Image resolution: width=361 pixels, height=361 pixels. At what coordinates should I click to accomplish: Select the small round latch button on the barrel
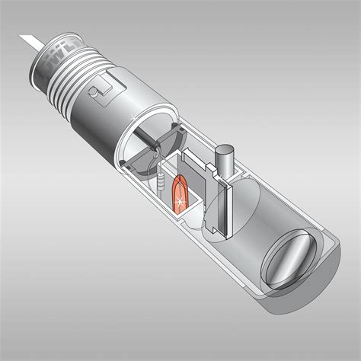[92, 91]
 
